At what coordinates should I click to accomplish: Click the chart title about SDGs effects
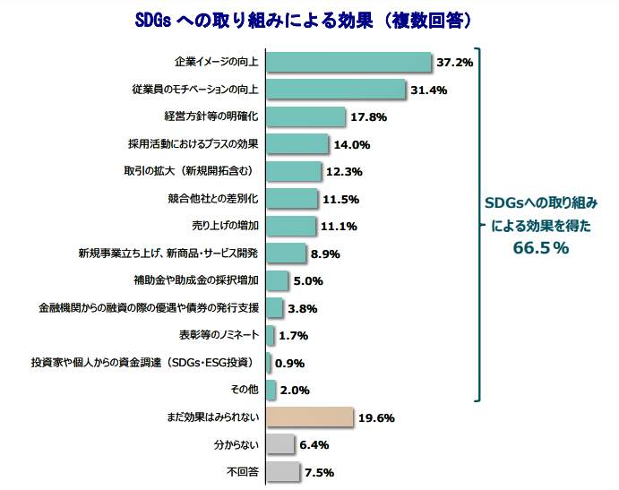point(308,19)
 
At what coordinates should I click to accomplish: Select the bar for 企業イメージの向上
point(349,63)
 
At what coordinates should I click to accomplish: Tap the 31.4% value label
point(428,90)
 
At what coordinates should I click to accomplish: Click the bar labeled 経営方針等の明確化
point(306,117)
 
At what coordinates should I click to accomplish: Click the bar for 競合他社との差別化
point(292,199)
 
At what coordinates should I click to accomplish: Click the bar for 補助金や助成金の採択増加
point(278,280)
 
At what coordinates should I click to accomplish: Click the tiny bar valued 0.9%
point(269,363)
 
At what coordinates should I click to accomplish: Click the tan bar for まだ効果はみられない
point(310,417)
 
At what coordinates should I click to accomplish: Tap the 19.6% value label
point(375,417)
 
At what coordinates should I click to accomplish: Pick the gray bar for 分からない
point(281,444)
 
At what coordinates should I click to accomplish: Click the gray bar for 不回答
point(283,471)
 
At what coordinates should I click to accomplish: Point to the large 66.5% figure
point(541,248)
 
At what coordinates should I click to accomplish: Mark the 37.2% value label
point(454,63)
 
